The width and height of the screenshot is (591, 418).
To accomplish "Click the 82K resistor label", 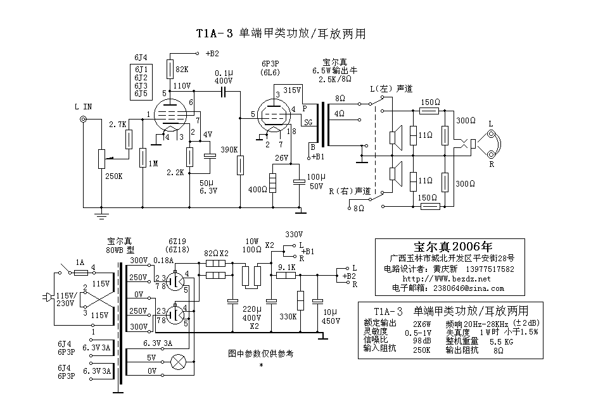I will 182,70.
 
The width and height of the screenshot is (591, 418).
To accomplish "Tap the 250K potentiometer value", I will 113,176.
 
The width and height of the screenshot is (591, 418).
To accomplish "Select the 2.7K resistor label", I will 118,124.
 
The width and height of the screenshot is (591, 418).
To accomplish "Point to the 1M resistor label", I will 153,164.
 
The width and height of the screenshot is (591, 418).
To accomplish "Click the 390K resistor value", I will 229,150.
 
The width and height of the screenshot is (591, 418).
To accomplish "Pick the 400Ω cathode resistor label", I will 258,190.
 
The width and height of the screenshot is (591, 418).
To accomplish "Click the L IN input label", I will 83,106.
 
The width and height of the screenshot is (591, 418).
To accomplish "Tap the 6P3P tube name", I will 270,64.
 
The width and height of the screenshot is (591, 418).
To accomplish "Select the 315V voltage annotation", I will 293,90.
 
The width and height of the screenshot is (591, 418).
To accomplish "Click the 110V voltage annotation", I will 182,85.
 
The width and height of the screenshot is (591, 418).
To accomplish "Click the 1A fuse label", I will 80,262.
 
